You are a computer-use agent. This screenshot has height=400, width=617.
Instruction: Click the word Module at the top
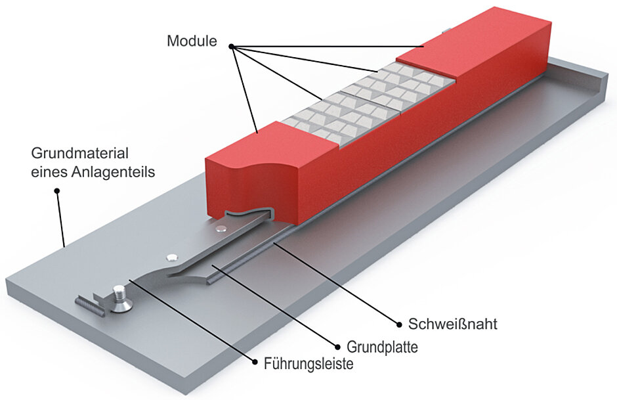tap(192, 41)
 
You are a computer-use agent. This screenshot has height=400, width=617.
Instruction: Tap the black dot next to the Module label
tap(232, 46)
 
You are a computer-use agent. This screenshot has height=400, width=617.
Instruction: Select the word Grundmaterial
tap(79, 155)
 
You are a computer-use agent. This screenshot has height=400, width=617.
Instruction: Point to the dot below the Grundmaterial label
tap(57, 191)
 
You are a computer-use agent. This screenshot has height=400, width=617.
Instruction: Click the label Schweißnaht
tap(444, 324)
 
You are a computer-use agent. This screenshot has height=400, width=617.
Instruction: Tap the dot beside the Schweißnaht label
tap(398, 323)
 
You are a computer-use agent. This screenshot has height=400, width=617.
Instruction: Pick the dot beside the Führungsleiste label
tap(256, 361)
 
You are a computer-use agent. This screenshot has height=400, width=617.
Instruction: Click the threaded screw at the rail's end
tap(119, 298)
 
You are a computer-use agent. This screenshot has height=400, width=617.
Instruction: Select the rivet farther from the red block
tap(172, 256)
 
